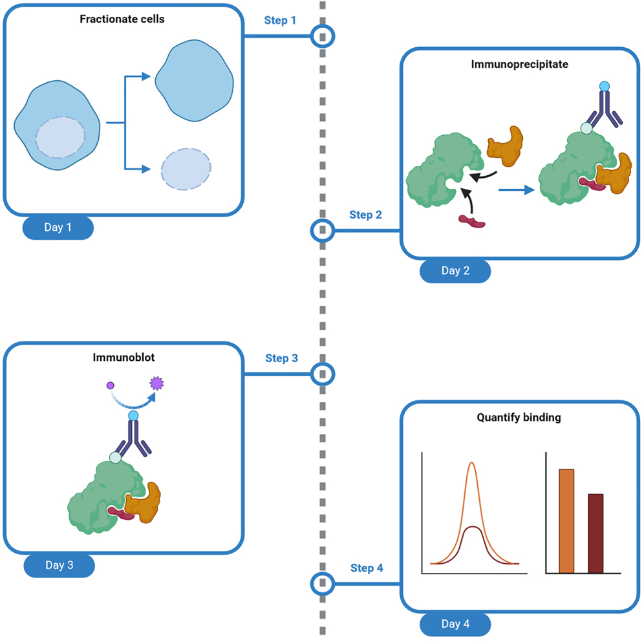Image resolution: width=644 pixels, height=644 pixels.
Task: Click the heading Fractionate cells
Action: [x=122, y=19]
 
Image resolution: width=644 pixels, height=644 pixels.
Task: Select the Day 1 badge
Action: [x=58, y=228]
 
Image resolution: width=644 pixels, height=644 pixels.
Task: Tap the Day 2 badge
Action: [x=455, y=270]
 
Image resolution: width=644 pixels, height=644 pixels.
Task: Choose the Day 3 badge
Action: [x=59, y=565]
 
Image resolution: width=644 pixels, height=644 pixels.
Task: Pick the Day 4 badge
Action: [x=455, y=624]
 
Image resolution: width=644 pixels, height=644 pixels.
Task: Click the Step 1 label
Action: [x=280, y=21]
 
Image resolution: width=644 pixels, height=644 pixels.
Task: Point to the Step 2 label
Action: [x=365, y=215]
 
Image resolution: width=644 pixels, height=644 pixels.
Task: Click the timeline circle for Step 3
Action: [x=323, y=373]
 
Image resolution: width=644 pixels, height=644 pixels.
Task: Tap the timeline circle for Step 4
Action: [x=323, y=584]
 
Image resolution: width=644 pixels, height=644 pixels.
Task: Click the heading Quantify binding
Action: [x=520, y=418]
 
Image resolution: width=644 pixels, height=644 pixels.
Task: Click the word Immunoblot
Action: [x=122, y=357]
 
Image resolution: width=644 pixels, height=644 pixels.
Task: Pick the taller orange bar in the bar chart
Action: [x=566, y=521]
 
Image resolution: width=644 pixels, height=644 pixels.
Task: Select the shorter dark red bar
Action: [x=596, y=533]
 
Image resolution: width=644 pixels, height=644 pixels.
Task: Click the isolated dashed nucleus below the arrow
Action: [x=186, y=169]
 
